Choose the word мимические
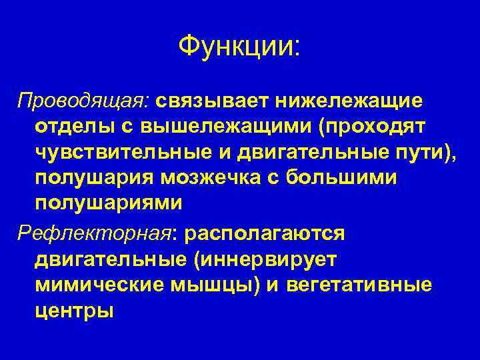point(101,285)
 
